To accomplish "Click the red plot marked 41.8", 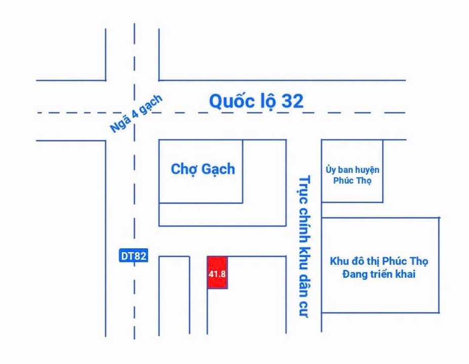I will click(217, 273).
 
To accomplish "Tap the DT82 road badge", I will click(134, 256).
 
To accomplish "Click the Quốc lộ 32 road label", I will click(256, 102).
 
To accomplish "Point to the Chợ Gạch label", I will click(203, 169).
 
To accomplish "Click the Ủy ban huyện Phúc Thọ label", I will click(353, 175).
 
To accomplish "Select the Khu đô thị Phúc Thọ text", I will click(379, 262).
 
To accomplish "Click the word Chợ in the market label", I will click(183, 169).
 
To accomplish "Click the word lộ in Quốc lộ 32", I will click(266, 102).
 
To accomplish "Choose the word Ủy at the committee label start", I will click(331, 170).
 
